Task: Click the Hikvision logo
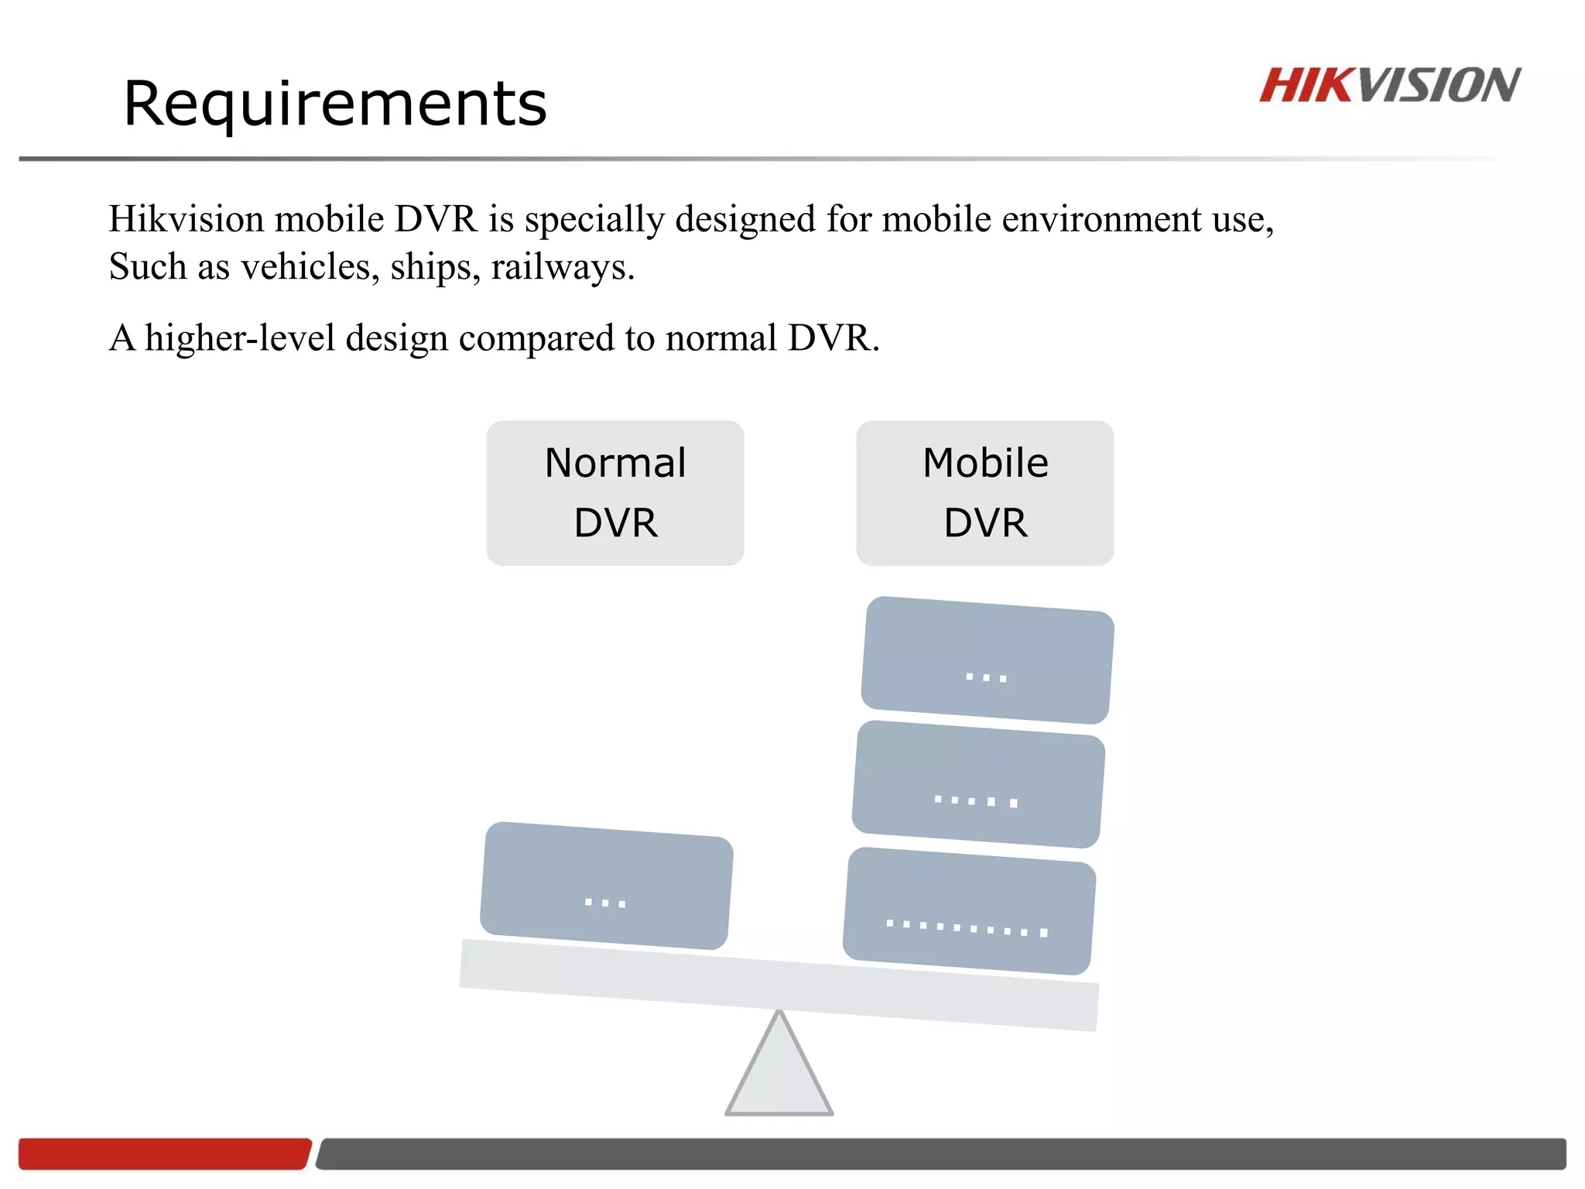tap(1389, 85)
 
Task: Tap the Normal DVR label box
tap(615, 493)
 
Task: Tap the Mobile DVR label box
tap(985, 493)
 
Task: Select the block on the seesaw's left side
tap(606, 886)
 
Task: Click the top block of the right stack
tap(988, 660)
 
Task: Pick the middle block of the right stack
tap(978, 784)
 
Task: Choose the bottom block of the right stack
tap(969, 911)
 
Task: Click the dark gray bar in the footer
tap(940, 1153)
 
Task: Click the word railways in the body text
tap(562, 267)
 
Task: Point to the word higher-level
tap(239, 338)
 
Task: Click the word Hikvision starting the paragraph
tap(187, 219)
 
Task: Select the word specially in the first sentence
tap(594, 221)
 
